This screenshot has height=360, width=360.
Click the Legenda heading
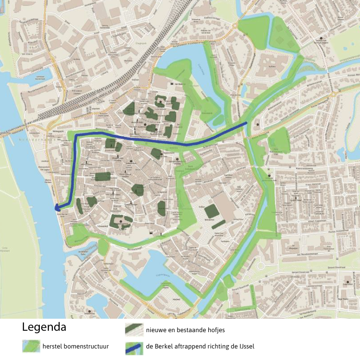tap(44, 328)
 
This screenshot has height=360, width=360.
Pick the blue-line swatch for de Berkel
tap(134, 347)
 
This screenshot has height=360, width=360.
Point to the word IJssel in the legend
tap(244, 346)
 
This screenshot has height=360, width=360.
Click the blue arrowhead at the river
tap(57, 208)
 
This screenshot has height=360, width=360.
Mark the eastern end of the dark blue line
tap(247, 123)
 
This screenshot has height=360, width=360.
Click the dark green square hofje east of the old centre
tap(210, 211)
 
